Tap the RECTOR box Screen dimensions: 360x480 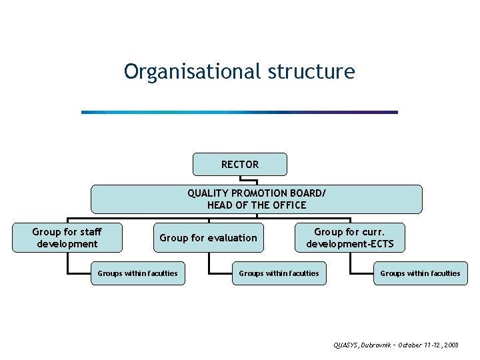pos(240,164)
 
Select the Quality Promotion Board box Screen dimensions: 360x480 pos(257,199)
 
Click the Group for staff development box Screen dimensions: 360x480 pos(67,238)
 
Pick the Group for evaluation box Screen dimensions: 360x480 pos(208,238)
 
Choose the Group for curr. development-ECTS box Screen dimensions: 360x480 pos(350,238)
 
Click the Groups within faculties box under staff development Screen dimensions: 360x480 pos(137,273)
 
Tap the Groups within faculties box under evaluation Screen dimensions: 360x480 pos(279,273)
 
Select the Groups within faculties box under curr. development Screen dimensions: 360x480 pos(420,273)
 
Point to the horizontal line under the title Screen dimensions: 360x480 pos(239,112)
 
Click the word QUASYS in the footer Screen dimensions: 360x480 pos(346,345)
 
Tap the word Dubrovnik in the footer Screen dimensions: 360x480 pos(377,345)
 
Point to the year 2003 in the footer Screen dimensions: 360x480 pos(451,345)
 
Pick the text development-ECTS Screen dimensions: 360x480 pos(350,244)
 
